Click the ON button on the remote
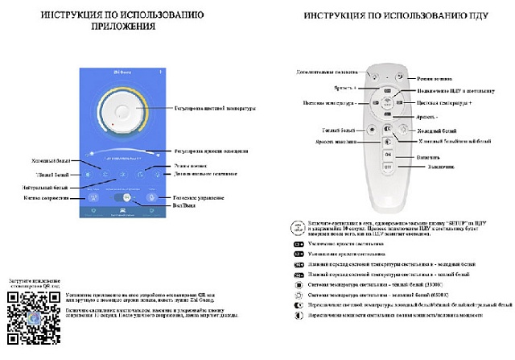click(387, 156)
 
